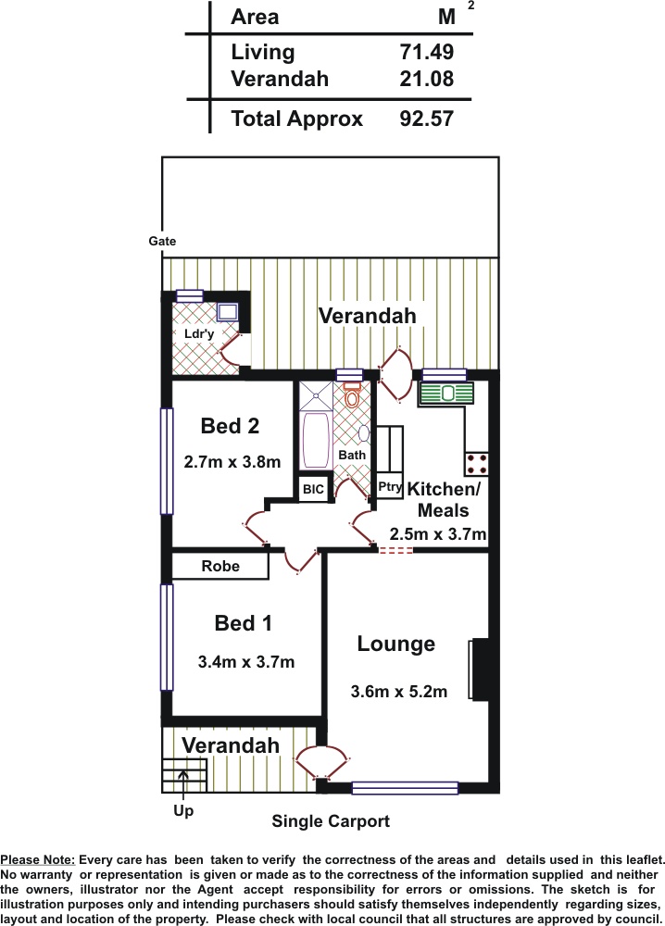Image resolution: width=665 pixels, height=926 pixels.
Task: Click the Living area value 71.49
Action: tap(426, 52)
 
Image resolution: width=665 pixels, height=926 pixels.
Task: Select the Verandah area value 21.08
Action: tap(426, 79)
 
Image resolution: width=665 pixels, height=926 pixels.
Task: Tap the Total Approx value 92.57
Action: tap(426, 119)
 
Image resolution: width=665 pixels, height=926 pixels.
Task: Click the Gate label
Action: tap(162, 241)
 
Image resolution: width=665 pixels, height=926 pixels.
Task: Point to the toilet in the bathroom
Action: tap(352, 395)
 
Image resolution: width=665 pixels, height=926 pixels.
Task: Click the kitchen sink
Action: tap(446, 394)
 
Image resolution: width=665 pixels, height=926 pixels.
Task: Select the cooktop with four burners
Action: tap(476, 464)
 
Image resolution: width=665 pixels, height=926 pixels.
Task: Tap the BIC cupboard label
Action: tap(313, 489)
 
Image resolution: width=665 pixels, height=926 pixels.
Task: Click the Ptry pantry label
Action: tap(390, 487)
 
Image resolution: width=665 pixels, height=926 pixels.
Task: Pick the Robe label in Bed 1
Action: tap(220, 566)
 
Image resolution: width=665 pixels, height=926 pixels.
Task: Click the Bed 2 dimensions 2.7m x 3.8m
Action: tap(232, 462)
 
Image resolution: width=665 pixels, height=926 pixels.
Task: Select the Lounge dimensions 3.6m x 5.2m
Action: tap(398, 692)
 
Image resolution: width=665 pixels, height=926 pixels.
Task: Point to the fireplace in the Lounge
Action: tap(480, 669)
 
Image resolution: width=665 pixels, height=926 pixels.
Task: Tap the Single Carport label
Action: tap(331, 821)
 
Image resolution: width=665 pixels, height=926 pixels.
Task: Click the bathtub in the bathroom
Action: tap(316, 441)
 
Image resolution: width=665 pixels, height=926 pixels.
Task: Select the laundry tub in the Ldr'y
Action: tap(227, 311)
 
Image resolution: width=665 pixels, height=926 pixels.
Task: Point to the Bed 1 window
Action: tap(167, 637)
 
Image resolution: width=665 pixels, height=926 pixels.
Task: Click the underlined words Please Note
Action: tap(38, 860)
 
